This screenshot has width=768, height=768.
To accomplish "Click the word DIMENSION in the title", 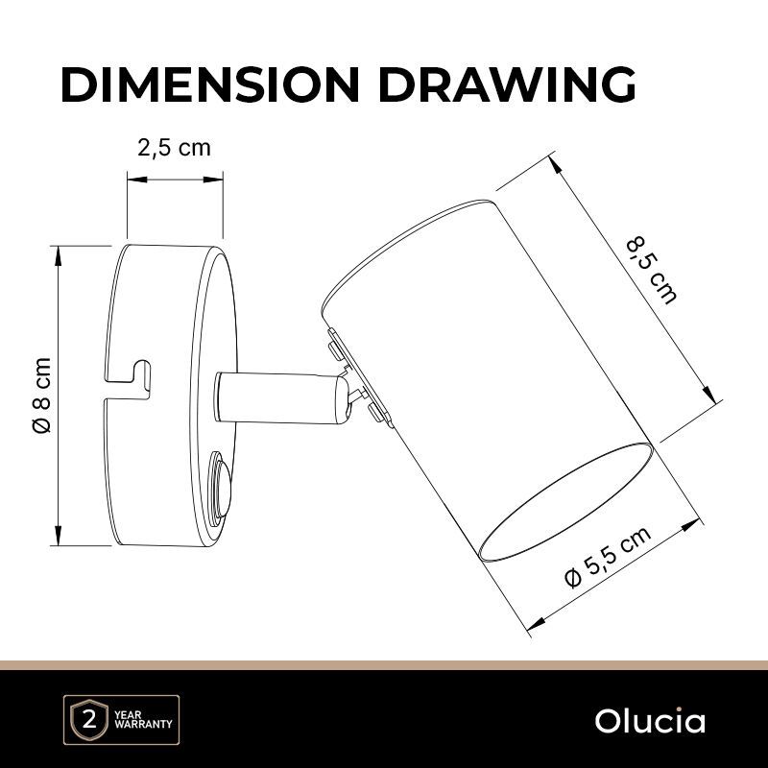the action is [210, 84].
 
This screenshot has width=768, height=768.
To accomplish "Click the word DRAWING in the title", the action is [507, 84].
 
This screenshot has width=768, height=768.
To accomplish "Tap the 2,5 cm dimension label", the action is [174, 148].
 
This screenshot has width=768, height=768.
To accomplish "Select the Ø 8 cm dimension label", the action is [41, 395].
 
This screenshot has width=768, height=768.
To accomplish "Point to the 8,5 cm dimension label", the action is [653, 271].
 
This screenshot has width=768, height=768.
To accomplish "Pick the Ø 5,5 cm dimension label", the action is [609, 557].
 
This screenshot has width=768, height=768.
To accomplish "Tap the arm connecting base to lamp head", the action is [282, 397].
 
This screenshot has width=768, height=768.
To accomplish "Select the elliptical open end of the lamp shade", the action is [566, 501].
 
